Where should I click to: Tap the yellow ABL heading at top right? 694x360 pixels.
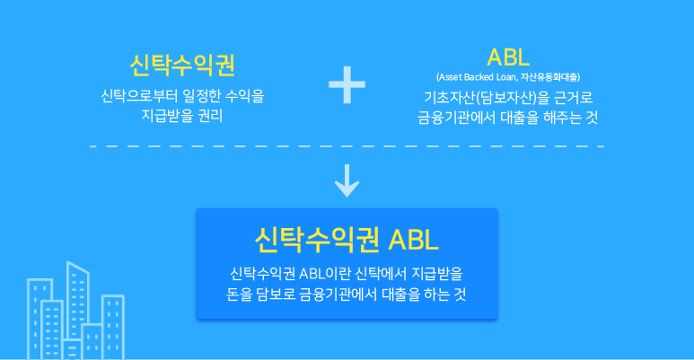point(508,57)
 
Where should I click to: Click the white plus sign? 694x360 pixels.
point(347,87)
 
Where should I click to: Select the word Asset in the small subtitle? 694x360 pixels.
point(450,78)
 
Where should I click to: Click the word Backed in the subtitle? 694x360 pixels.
point(479,78)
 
